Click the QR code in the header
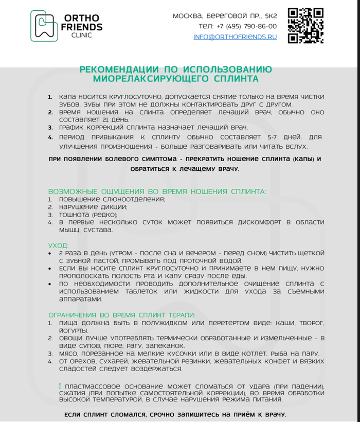(x=305, y=25)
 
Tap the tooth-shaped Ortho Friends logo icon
(x=44, y=26)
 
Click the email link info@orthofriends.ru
(x=235, y=37)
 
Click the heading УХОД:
(x=58, y=245)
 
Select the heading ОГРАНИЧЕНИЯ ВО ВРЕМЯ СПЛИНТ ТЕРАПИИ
(x=122, y=315)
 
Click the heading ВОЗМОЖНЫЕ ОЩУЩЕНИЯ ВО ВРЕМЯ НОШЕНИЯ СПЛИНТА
(x=157, y=191)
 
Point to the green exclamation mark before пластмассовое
(x=60, y=385)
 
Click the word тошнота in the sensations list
(x=75, y=215)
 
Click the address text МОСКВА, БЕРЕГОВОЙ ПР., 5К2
(x=225, y=16)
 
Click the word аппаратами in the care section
(x=77, y=299)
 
